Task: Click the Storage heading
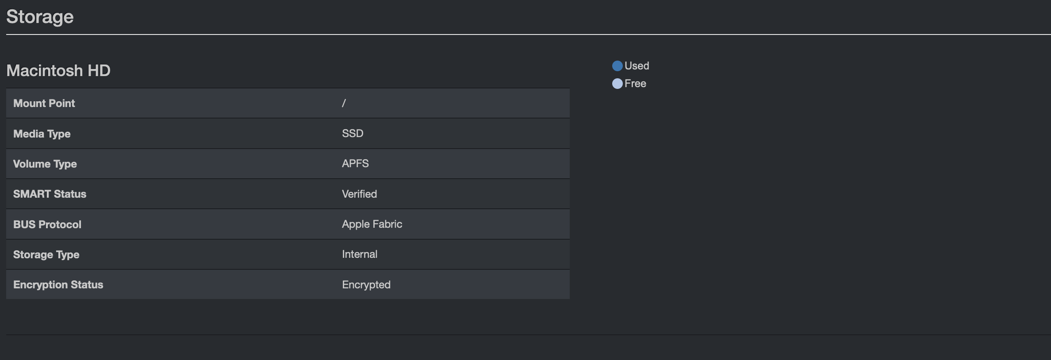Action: (40, 17)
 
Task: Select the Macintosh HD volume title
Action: (58, 70)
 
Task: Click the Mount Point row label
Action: (44, 103)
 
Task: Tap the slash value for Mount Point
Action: (344, 103)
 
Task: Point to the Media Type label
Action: (42, 134)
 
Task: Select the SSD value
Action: (353, 134)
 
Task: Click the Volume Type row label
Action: (45, 164)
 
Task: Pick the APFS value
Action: (355, 164)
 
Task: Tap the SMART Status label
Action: (50, 194)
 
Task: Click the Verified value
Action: (359, 194)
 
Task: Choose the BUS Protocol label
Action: (47, 225)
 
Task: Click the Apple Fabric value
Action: (372, 224)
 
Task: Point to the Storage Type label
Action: (46, 255)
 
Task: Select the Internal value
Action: (360, 254)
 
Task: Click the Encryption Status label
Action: (58, 285)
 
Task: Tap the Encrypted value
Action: (366, 285)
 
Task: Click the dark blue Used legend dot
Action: (618, 66)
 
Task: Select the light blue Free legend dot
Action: (618, 84)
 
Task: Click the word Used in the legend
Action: (637, 66)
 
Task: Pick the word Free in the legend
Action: (635, 84)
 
